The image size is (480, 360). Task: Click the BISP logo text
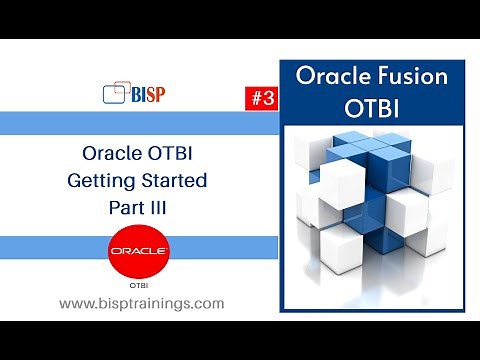(x=148, y=94)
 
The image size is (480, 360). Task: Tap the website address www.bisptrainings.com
(x=140, y=303)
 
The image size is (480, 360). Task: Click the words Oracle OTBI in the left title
(x=140, y=154)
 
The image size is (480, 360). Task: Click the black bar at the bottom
(x=240, y=340)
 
